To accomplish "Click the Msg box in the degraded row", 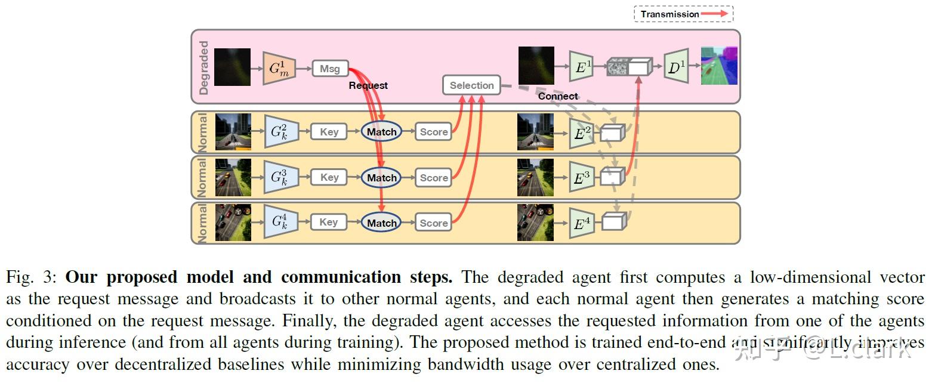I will [329, 69].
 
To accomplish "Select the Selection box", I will [471, 85].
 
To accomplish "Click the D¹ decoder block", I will [676, 67].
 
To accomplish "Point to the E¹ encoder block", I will [581, 67].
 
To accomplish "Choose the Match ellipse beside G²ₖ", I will [381, 132].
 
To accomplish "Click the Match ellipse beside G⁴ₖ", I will [381, 223].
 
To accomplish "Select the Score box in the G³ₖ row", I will [433, 178].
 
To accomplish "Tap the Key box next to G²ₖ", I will [329, 132].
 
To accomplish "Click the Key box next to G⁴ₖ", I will [329, 222].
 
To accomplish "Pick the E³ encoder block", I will [581, 177].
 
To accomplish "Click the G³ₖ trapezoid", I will [280, 177].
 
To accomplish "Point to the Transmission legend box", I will [683, 14].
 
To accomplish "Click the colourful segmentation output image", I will [719, 66].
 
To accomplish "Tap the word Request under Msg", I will [368, 86].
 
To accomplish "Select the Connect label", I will [558, 96].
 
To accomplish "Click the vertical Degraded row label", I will [204, 67].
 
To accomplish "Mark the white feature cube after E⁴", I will [613, 222].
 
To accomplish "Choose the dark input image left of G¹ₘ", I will [232, 67].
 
